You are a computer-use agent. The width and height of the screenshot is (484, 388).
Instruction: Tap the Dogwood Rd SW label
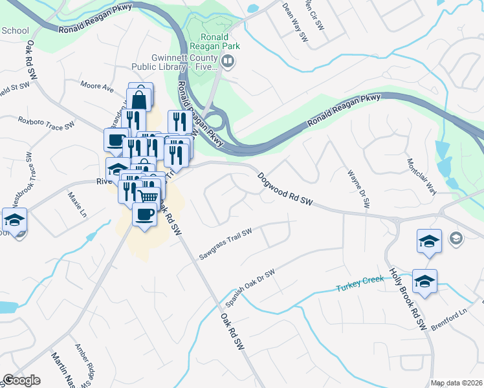click(285, 189)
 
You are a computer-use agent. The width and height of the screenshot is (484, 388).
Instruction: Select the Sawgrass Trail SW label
click(225, 244)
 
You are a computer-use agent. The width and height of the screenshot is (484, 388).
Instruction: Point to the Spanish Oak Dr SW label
click(250, 288)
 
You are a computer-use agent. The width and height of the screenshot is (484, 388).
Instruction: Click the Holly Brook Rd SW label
click(406, 299)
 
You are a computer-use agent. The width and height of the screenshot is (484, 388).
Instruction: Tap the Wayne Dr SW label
click(358, 188)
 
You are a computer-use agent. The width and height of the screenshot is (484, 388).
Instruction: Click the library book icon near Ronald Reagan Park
click(228, 62)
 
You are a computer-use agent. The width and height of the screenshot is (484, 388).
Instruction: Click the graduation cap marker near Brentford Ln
click(424, 281)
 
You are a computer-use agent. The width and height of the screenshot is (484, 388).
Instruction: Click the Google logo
click(21, 380)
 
